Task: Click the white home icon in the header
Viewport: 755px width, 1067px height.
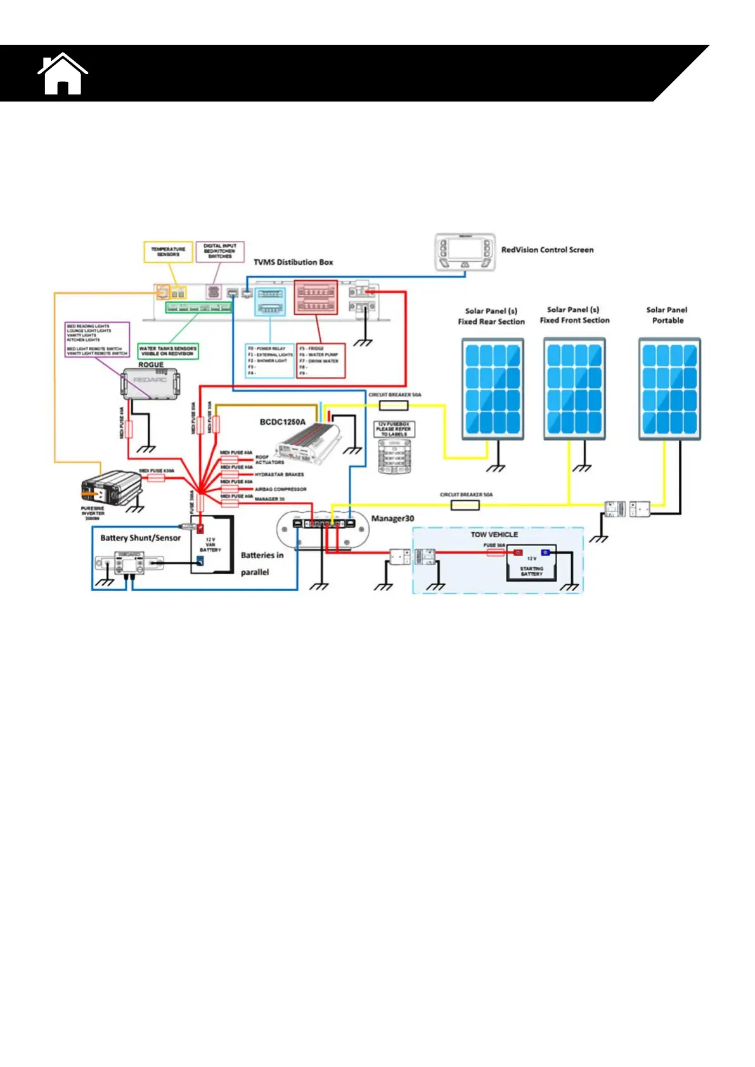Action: (62, 75)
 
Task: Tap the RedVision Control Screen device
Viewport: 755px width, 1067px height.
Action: (464, 252)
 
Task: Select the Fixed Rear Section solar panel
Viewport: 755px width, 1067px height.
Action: (493, 388)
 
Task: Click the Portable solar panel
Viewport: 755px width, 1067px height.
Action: (669, 388)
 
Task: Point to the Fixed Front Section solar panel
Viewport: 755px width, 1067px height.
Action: (574, 388)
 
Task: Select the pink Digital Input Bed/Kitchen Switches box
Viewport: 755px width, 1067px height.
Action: (220, 251)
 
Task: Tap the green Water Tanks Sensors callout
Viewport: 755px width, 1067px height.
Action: (168, 351)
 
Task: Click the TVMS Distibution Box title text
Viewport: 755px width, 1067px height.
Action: (293, 262)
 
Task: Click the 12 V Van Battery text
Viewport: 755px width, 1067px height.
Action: (210, 545)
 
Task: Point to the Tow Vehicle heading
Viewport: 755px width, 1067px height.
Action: (494, 534)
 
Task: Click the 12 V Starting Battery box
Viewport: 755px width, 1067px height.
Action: (531, 563)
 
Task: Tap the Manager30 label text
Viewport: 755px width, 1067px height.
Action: (392, 518)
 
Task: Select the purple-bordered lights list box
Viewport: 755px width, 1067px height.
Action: (98, 340)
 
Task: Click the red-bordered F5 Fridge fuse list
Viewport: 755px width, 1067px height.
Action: (321, 361)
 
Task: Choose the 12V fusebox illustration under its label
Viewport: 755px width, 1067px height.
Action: (394, 457)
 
